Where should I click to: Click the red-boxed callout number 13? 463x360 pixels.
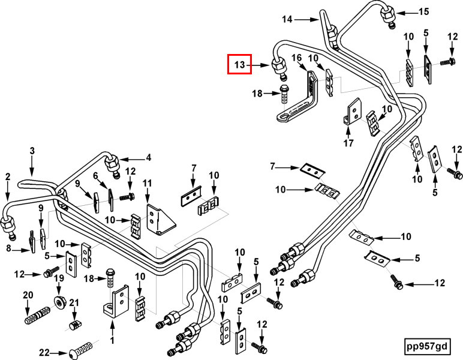(239, 64)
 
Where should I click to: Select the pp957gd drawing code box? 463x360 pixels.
(427, 346)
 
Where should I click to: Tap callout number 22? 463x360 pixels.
(44, 352)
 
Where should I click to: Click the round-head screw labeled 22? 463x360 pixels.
(80, 350)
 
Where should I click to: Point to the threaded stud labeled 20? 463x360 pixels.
(37, 315)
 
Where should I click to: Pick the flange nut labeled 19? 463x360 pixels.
(60, 302)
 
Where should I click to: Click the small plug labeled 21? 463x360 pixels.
(76, 325)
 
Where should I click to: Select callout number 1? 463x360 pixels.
(112, 340)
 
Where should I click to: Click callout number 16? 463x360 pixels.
(296, 58)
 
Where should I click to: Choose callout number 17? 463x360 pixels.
(348, 143)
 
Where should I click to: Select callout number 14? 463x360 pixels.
(287, 19)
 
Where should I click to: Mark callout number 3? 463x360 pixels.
(32, 151)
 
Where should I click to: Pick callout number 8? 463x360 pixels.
(8, 248)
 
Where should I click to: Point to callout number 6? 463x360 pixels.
(95, 176)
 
